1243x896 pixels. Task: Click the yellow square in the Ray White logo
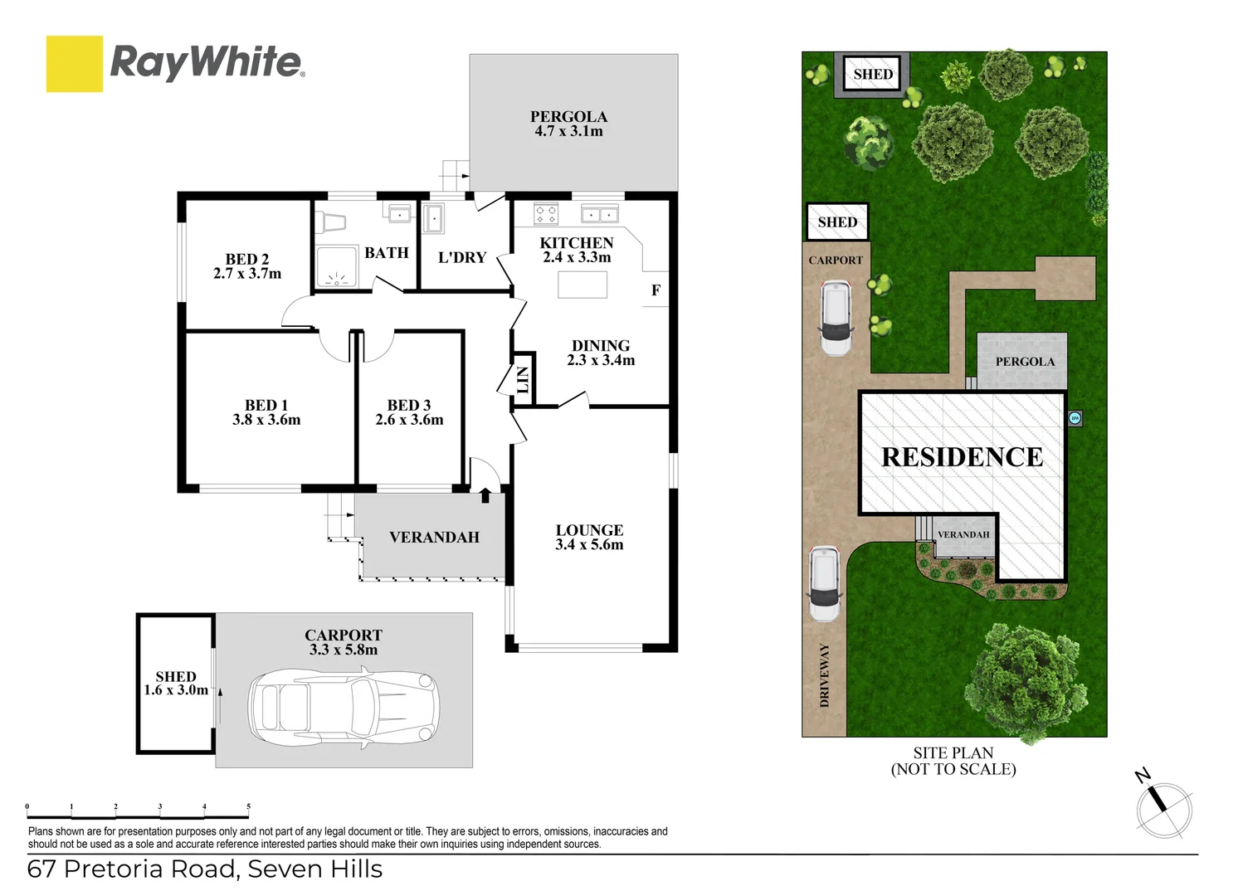click(x=75, y=64)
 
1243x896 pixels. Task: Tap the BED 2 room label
click(x=247, y=260)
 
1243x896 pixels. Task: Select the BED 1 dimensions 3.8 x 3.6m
click(x=266, y=420)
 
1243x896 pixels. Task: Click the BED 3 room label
click(x=409, y=405)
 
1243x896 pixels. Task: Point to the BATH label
click(x=387, y=253)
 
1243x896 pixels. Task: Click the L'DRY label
click(x=462, y=258)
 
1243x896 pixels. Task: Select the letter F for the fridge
click(x=656, y=290)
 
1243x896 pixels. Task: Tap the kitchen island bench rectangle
click(x=583, y=285)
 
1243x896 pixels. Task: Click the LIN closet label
click(x=523, y=379)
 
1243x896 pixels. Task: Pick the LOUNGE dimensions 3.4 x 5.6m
click(x=589, y=545)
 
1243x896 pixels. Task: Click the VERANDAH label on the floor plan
click(x=434, y=538)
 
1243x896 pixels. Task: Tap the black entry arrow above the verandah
click(x=485, y=495)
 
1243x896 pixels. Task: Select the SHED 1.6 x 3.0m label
click(x=176, y=683)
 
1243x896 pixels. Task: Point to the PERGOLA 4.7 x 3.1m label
click(x=569, y=124)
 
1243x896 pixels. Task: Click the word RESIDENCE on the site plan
click(x=962, y=457)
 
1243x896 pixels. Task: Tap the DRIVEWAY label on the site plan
click(x=824, y=674)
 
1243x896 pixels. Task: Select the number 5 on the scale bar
click(x=248, y=806)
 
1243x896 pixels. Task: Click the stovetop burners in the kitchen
click(x=546, y=214)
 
